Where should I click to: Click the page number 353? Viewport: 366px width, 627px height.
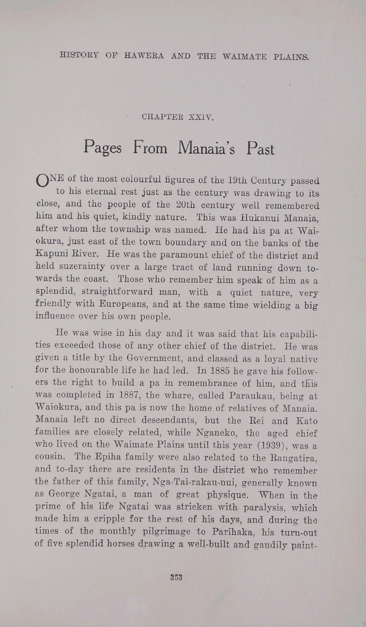tap(175, 578)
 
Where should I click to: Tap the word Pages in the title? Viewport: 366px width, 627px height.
tap(102, 148)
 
